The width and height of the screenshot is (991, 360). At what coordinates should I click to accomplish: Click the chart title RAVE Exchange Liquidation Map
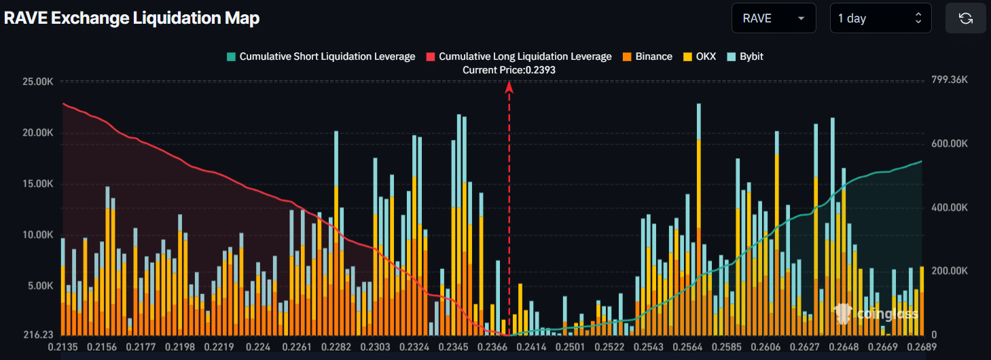pyautogui.click(x=132, y=18)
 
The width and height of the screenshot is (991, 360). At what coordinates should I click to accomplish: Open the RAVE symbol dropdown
pyautogui.click(x=773, y=18)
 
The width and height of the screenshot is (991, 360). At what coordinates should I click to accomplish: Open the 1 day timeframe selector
pyautogui.click(x=880, y=18)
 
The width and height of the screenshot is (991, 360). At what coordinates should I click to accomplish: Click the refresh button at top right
pyautogui.click(x=965, y=18)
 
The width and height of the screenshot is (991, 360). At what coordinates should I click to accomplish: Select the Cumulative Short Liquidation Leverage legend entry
pyautogui.click(x=321, y=56)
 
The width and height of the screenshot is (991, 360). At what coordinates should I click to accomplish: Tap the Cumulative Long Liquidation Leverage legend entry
pyautogui.click(x=518, y=56)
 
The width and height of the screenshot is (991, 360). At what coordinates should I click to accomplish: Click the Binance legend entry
pyautogui.click(x=647, y=56)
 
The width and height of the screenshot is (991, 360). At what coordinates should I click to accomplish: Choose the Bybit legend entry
pyautogui.click(x=746, y=56)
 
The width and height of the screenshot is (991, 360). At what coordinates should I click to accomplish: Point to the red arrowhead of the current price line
pyautogui.click(x=509, y=86)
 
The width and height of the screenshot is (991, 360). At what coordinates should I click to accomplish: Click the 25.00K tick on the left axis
pyautogui.click(x=39, y=82)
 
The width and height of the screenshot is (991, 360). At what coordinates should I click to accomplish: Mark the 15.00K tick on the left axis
pyautogui.click(x=39, y=184)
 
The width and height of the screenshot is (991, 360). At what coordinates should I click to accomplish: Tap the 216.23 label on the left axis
pyautogui.click(x=39, y=335)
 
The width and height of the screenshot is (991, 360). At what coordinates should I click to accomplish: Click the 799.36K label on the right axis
pyautogui.click(x=950, y=80)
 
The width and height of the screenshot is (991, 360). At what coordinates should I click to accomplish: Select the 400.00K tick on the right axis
pyautogui.click(x=950, y=207)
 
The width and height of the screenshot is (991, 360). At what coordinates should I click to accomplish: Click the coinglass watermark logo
pyautogui.click(x=876, y=313)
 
